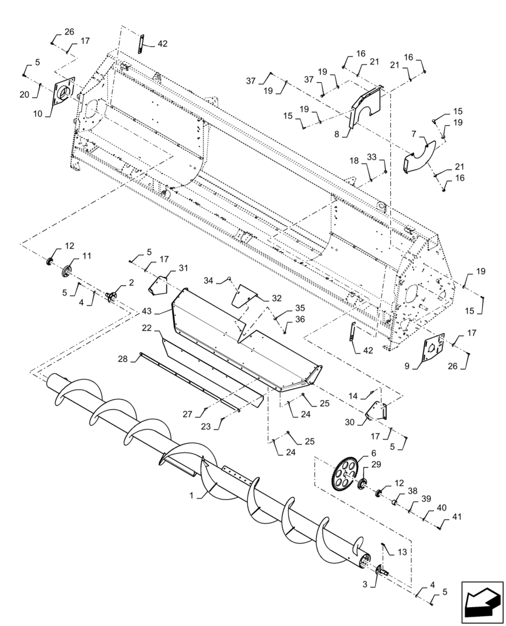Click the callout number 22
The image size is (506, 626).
coord(145,328)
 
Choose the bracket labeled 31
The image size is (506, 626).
coord(160,285)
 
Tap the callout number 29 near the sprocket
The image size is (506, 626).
coord(376,465)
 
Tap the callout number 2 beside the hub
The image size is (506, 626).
coord(131,283)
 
